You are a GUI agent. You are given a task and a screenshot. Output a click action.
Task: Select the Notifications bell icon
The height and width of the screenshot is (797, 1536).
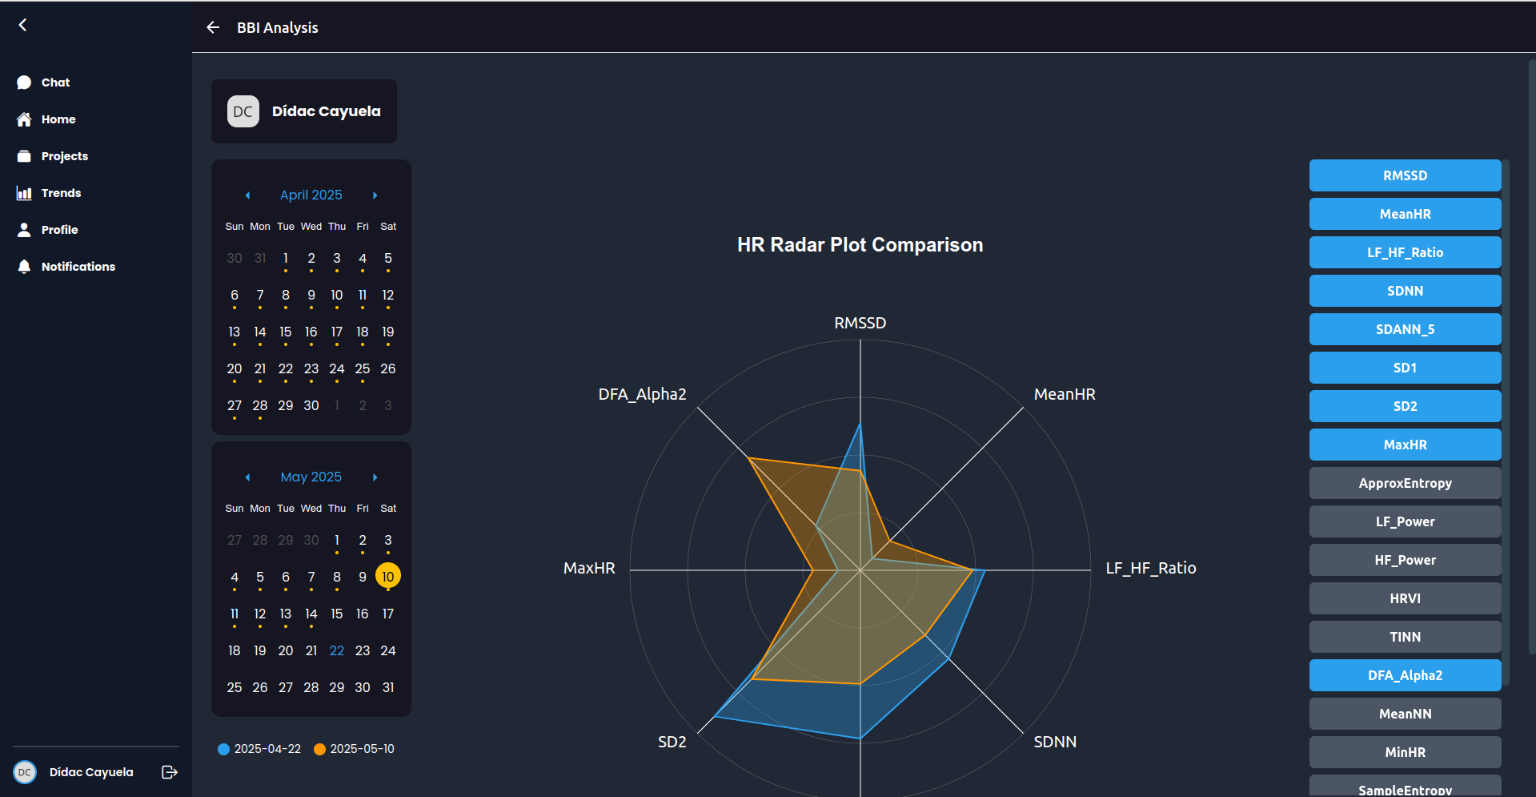coord(24,267)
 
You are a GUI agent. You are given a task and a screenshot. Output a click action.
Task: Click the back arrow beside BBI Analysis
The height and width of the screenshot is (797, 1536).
coord(213,27)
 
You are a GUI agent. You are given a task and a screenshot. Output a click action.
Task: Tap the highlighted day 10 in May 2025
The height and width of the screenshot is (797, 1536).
coord(388,577)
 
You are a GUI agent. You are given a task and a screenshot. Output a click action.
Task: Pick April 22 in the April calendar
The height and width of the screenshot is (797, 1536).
coord(286,368)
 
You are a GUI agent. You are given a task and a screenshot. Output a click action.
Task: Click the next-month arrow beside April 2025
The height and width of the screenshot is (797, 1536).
coord(375,195)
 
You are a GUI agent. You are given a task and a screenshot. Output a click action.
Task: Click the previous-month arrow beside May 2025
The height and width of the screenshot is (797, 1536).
coord(247,477)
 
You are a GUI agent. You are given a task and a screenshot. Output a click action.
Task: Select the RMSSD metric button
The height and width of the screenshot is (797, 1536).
coord(1405,175)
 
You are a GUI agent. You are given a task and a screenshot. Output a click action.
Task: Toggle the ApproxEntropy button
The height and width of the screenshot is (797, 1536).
coord(1405,483)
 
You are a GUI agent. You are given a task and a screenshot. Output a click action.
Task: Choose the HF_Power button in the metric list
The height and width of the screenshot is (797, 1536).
coord(1405,560)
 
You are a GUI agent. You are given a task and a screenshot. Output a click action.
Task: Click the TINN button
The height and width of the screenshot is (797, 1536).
coord(1405,637)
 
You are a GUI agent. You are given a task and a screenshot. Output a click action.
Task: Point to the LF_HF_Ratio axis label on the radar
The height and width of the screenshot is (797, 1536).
coord(1150,568)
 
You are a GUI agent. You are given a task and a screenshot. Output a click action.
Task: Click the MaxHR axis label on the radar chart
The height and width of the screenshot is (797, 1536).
coord(589,568)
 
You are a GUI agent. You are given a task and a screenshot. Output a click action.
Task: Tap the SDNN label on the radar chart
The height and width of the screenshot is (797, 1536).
coord(1054,742)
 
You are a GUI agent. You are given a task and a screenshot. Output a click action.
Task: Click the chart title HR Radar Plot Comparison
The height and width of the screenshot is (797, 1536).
coord(860,245)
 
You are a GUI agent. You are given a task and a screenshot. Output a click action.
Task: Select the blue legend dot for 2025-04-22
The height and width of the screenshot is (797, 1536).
coord(224,749)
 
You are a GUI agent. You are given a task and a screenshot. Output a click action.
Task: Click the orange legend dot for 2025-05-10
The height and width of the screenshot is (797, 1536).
coord(320,749)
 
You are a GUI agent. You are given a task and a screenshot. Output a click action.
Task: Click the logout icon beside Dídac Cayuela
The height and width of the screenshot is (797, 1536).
coord(170,772)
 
